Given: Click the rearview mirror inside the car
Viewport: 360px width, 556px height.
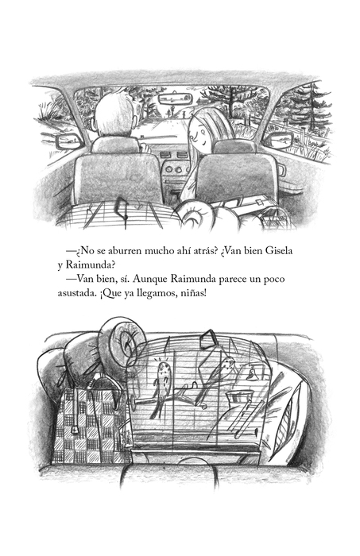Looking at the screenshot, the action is click(x=175, y=98).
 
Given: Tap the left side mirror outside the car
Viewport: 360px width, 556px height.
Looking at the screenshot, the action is click(x=69, y=142).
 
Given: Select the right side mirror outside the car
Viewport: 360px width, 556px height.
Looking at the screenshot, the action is click(x=281, y=139).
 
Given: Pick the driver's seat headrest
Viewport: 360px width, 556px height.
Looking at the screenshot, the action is click(x=115, y=145).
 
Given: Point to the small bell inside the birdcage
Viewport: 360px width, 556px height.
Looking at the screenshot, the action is click(x=251, y=374).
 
